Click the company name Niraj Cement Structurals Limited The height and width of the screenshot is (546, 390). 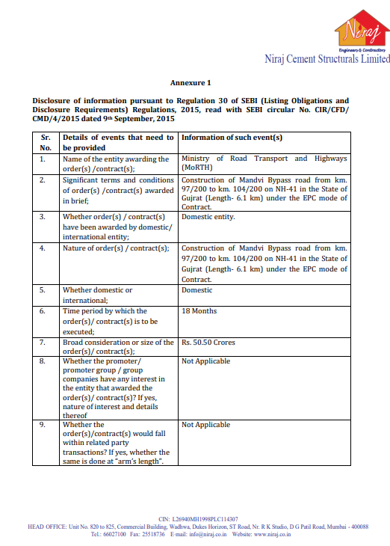click(x=326, y=58)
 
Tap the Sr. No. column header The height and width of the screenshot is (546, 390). click(x=46, y=143)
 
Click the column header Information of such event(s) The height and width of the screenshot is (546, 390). click(x=232, y=138)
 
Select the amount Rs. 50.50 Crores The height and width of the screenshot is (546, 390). click(x=208, y=343)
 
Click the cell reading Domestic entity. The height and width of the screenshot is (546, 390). click(x=208, y=217)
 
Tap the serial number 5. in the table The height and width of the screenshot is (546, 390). click(x=43, y=290)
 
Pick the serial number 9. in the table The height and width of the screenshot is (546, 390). click(x=43, y=425)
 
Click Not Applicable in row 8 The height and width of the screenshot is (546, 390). click(x=205, y=361)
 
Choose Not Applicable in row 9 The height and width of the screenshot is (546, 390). click(x=205, y=425)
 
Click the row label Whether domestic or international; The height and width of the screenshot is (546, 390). click(x=98, y=295)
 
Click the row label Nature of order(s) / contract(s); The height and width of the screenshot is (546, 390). click(x=115, y=248)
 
